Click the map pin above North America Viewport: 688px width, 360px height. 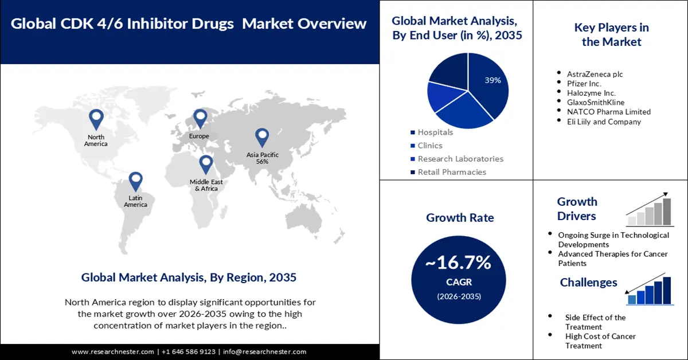click(x=96, y=119)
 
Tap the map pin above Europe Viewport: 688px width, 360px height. click(x=200, y=119)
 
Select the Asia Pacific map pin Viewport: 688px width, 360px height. click(x=262, y=137)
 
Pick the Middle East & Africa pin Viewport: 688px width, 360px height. click(x=206, y=165)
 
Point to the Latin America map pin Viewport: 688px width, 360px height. click(x=135, y=181)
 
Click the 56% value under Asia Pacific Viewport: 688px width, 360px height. click(x=263, y=162)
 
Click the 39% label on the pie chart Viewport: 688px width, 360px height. click(x=492, y=80)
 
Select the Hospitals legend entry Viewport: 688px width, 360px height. click(x=435, y=132)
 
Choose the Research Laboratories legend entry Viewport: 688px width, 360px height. click(x=460, y=159)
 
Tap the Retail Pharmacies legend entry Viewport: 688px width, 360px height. click(x=451, y=172)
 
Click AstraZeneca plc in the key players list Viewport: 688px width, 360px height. click(x=595, y=74)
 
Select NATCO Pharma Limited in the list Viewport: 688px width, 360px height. click(x=608, y=112)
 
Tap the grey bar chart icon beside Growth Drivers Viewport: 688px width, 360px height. click(x=650, y=210)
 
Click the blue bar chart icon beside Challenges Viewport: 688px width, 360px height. click(x=650, y=290)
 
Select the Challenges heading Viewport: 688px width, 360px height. click(x=588, y=282)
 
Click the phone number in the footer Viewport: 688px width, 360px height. click(x=189, y=351)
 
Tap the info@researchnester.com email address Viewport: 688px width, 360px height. click(x=264, y=351)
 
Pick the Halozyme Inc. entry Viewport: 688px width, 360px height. click(x=591, y=93)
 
